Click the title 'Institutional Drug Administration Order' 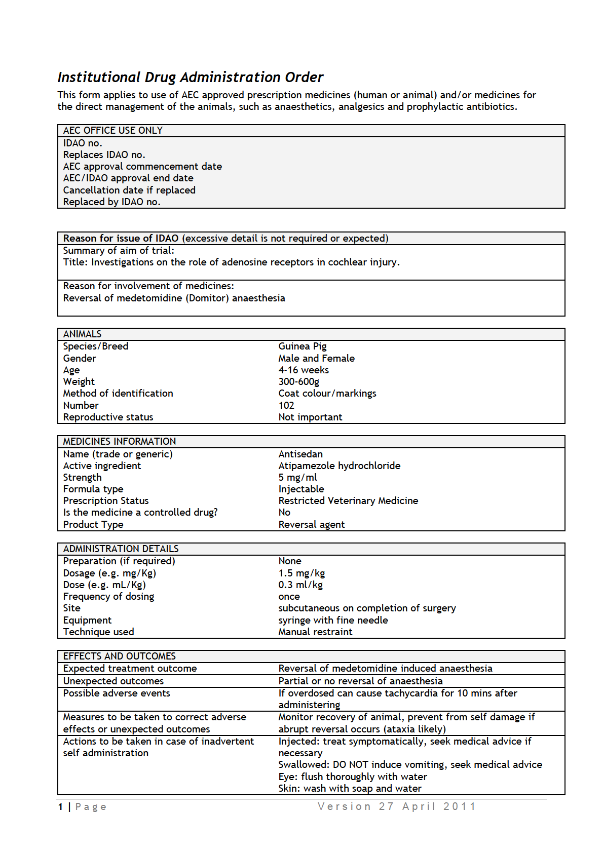tap(190, 77)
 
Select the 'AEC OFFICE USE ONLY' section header tap(112, 131)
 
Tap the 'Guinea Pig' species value tap(302, 346)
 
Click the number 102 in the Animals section tap(286, 405)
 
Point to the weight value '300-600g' tap(298, 382)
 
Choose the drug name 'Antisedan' tap(300, 454)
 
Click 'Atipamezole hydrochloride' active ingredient tap(339, 466)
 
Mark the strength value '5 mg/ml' tap(297, 478)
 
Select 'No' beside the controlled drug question tap(284, 513)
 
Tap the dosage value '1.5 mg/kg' tap(301, 573)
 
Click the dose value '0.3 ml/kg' tap(300, 585)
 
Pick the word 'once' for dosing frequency tap(289, 597)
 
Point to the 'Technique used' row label tap(98, 632)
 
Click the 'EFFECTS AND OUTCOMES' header tap(119, 656)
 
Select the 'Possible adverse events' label tap(117, 693)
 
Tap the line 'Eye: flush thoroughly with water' tap(353, 777)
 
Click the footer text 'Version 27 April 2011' tap(397, 806)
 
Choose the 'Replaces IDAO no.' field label tap(104, 155)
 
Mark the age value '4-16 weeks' tap(304, 370)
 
